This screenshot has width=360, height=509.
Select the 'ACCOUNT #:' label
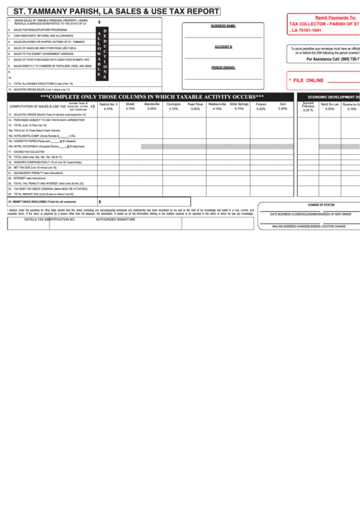[x=223, y=47]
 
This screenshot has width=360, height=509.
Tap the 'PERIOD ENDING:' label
[x=223, y=68]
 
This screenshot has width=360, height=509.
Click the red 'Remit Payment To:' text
[x=336, y=16]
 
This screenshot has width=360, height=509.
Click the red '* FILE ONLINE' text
[x=307, y=80]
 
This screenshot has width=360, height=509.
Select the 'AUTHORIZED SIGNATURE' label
[x=115, y=220]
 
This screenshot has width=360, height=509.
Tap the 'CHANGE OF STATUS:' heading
[x=321, y=205]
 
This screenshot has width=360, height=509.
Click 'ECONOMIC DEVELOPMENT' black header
[x=332, y=97]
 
